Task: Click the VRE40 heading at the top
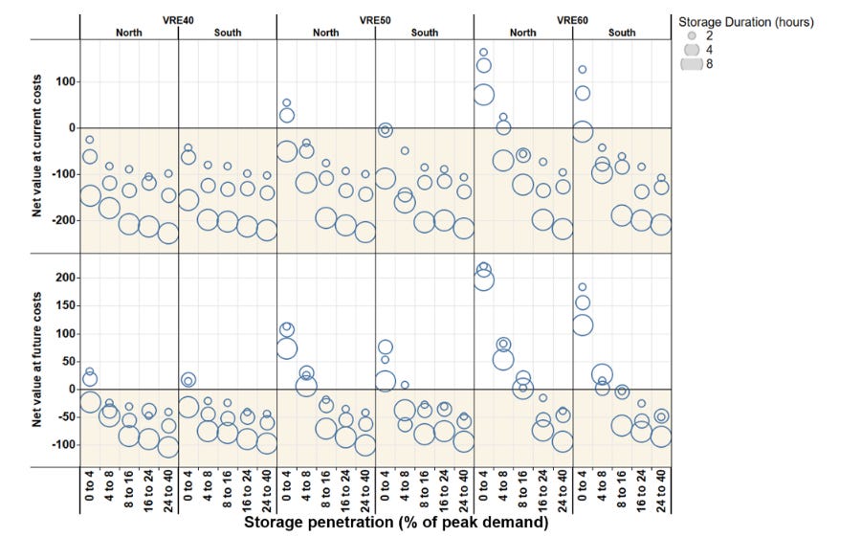coord(178,20)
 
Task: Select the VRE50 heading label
coord(375,20)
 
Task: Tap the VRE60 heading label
coord(572,20)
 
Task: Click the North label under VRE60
coord(522,33)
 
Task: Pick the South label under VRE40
coord(228,33)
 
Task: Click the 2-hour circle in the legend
coord(692,35)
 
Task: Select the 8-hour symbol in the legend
coord(692,64)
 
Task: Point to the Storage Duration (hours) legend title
coord(746,22)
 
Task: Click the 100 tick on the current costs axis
coord(65,81)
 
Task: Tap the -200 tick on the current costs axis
coord(63,220)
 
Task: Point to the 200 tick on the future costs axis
coord(65,278)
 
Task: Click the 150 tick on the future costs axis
coord(65,305)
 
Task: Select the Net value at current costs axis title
coord(36,145)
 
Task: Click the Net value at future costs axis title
coord(36,360)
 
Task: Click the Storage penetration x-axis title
coord(396,522)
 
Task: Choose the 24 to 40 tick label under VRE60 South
coord(661,491)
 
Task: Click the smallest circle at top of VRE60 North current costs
coord(484,53)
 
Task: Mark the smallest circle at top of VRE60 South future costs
coord(583,287)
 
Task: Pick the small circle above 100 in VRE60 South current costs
coord(583,70)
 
